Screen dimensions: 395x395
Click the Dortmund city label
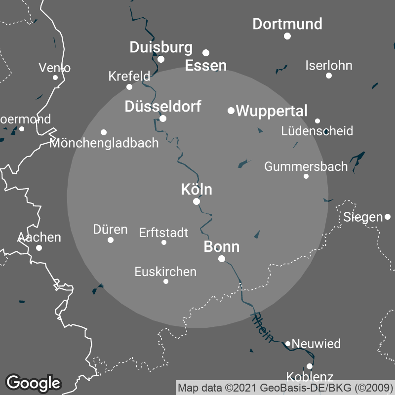click(x=287, y=24)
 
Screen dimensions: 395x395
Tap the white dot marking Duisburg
click(x=161, y=59)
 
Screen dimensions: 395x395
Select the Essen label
click(x=206, y=66)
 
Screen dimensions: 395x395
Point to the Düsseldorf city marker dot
click(x=163, y=118)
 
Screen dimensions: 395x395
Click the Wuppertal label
click(x=272, y=111)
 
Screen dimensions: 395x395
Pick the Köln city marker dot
click(x=197, y=201)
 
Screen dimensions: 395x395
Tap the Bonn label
click(x=222, y=247)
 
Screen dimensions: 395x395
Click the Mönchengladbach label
click(x=104, y=143)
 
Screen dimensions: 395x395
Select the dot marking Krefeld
click(x=129, y=87)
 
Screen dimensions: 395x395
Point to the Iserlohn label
click(x=329, y=65)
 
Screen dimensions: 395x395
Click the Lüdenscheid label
click(x=317, y=131)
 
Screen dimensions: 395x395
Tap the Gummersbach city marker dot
click(x=306, y=176)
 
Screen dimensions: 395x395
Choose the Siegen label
click(x=363, y=217)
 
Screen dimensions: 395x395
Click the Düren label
click(x=110, y=230)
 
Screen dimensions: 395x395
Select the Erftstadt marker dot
click(x=164, y=242)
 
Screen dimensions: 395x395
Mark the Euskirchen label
click(x=165, y=272)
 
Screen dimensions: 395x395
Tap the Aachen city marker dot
click(x=39, y=247)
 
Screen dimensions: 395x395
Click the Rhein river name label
click(x=263, y=327)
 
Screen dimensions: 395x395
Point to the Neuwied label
click(x=316, y=344)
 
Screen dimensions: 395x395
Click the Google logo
click(x=34, y=383)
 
